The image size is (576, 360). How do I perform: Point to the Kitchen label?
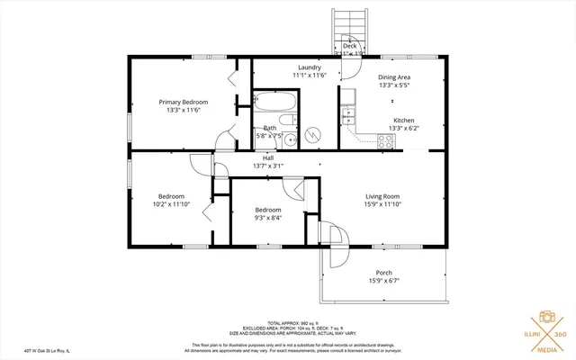click(x=403, y=120)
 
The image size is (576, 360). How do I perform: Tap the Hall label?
click(x=268, y=157)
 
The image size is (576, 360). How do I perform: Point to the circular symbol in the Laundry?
click(x=312, y=135)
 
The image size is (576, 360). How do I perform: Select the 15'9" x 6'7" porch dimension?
click(x=383, y=281)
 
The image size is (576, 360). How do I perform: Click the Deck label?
click(x=349, y=46)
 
